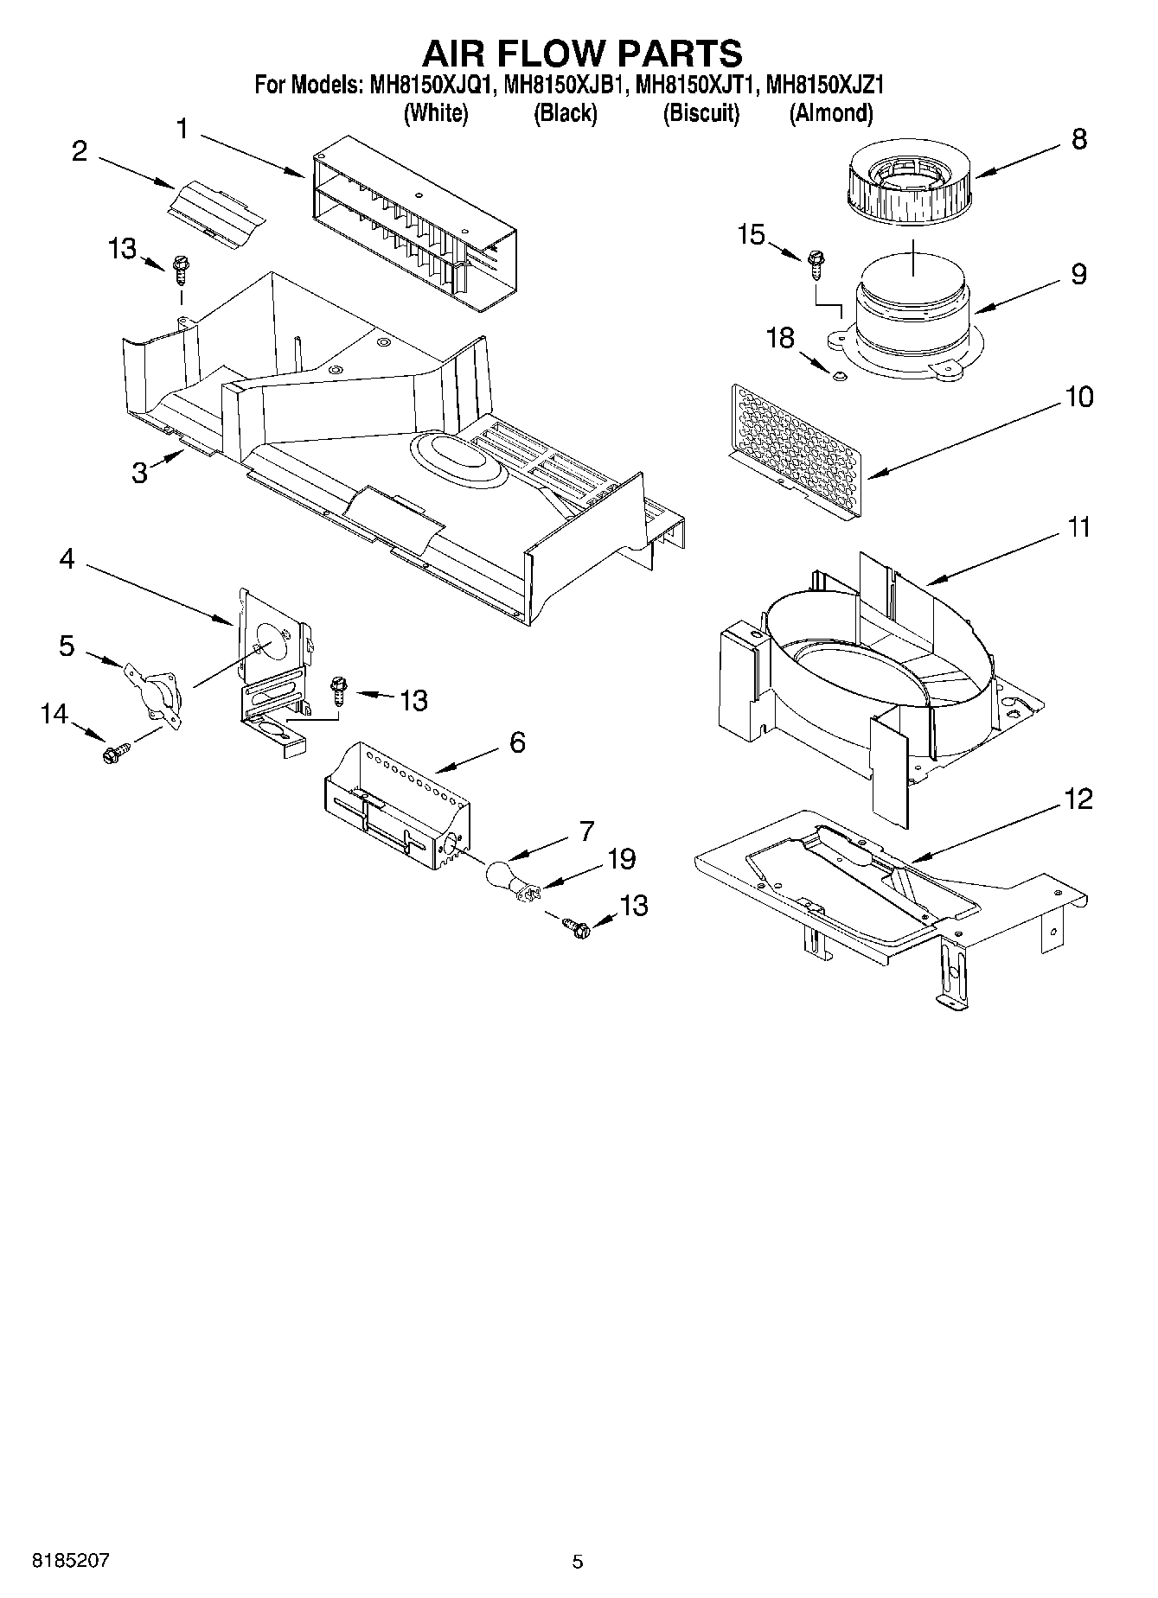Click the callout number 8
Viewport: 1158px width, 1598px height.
pos(1078,139)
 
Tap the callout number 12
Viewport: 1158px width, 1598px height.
pos(1078,799)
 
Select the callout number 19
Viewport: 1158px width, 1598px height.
pos(622,859)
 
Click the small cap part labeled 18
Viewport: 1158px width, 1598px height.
pos(836,375)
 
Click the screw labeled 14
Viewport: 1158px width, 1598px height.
pos(113,754)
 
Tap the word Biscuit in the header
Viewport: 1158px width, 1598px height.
pos(701,113)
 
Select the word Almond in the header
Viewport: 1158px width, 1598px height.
pos(831,113)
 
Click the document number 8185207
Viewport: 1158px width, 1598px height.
pos(71,1561)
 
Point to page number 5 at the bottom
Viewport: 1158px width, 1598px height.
pos(578,1562)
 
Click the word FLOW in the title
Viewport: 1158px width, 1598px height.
pos(557,54)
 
